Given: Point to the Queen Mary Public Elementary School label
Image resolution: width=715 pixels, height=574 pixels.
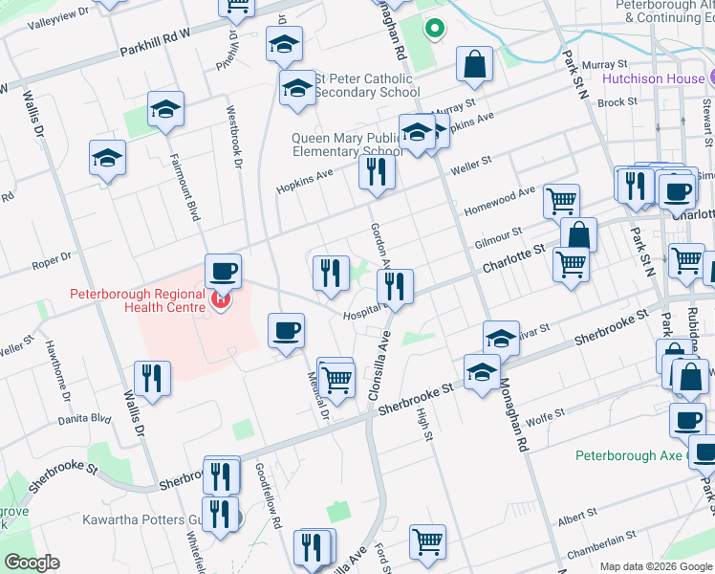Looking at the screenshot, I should tap(348, 144).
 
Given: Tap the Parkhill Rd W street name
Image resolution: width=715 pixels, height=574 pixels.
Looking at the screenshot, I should tap(155, 47).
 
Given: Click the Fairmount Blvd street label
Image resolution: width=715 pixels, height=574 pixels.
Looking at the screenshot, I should tap(184, 186).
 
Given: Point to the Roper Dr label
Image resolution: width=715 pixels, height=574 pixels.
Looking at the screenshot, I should tap(53, 256).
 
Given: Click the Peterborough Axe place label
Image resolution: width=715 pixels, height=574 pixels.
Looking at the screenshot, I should tap(629, 455).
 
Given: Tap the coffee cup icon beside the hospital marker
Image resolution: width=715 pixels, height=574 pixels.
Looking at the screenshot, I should tap(223, 271).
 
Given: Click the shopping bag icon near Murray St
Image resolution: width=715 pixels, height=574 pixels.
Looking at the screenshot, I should tap(474, 65).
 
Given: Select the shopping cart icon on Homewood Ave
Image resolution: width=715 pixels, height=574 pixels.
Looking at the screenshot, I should tap(561, 201).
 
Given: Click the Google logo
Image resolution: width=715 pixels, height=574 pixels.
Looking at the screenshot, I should tap(32, 563).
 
